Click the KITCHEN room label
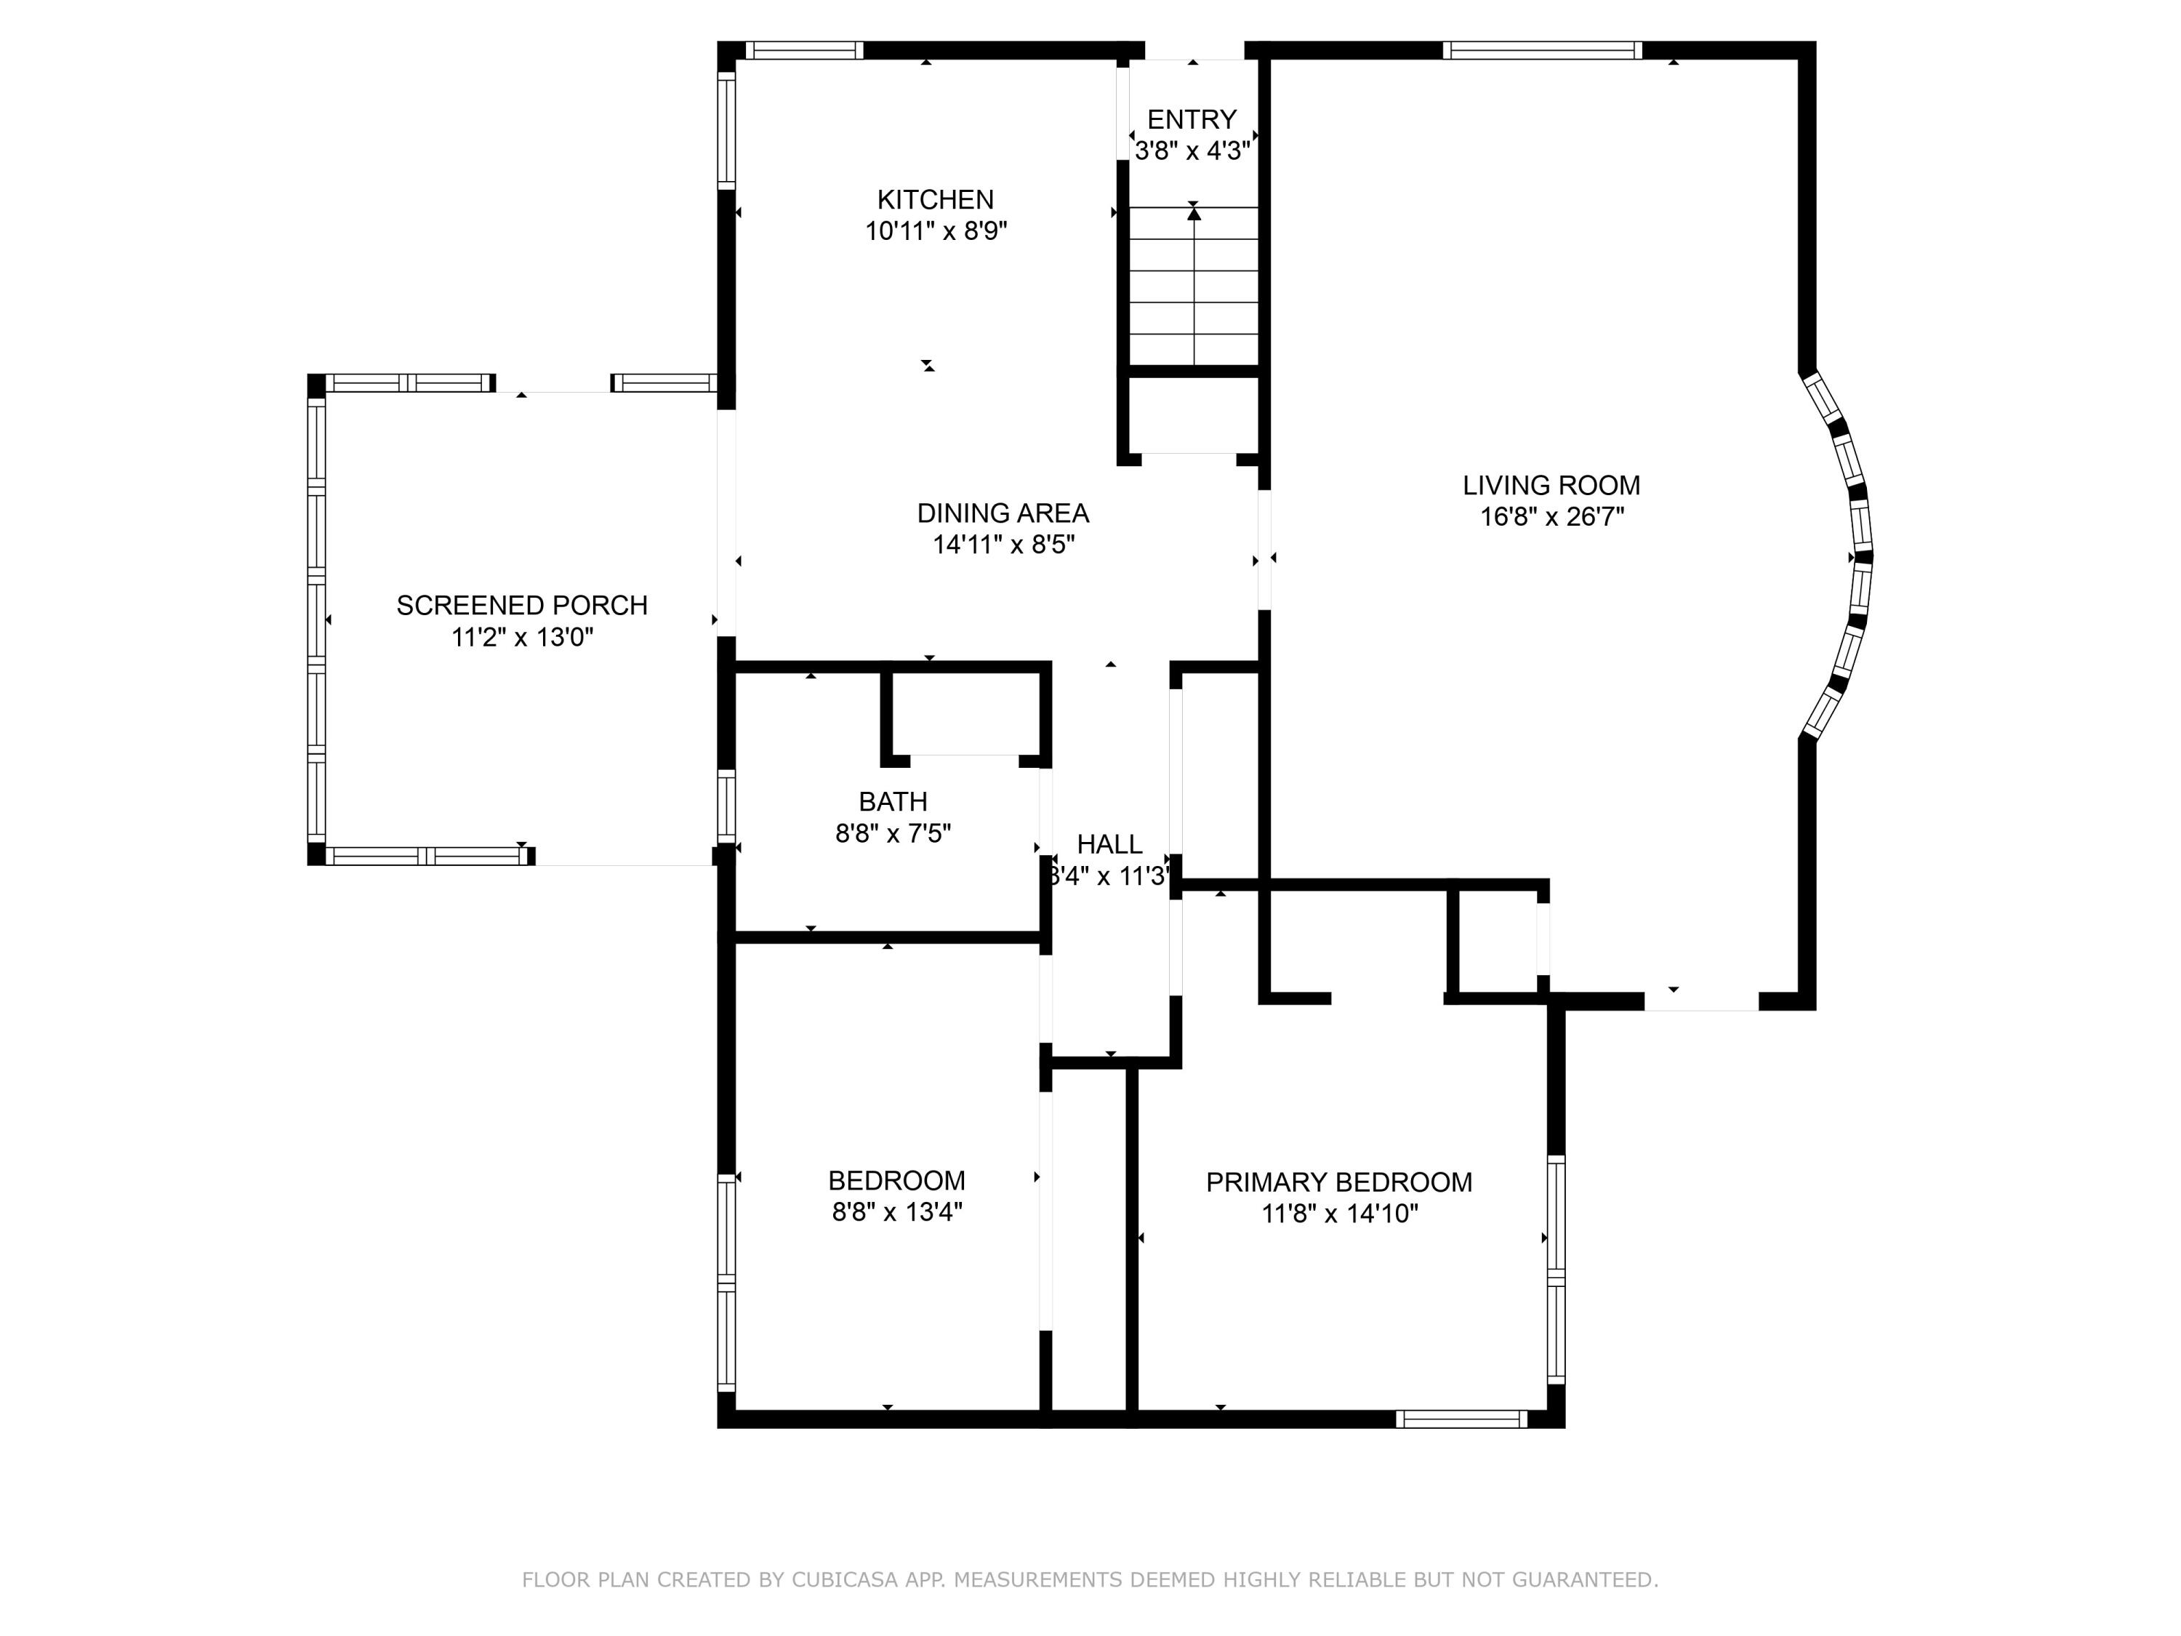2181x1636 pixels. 935,200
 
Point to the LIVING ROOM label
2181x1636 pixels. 1551,485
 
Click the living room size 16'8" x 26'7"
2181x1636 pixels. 1551,517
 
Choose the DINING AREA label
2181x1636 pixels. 1003,513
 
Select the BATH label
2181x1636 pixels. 892,802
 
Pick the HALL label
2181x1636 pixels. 1109,844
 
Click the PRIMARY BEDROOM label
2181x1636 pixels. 1339,1182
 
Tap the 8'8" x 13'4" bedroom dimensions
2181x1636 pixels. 896,1212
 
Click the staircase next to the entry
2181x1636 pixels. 1193,286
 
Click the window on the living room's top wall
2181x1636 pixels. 1542,50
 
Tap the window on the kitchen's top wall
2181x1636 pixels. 803,50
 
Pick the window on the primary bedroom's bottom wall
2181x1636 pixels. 1461,1419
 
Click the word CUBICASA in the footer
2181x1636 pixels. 845,1581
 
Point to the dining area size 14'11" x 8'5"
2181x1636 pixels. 1003,545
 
